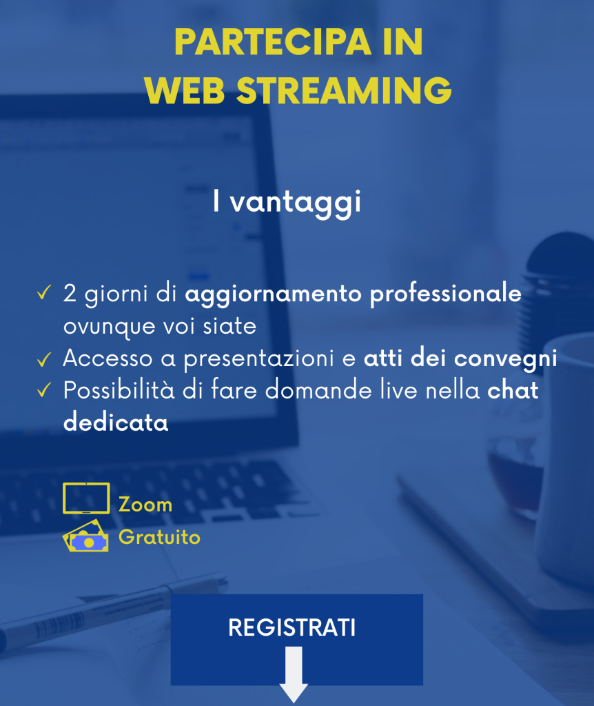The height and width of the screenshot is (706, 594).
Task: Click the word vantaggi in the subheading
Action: point(296,203)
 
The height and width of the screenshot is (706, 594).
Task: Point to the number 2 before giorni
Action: point(70,293)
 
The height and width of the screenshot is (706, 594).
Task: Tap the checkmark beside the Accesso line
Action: point(44,359)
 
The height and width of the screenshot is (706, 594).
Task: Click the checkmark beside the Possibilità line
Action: point(44,390)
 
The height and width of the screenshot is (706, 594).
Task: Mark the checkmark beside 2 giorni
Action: point(44,292)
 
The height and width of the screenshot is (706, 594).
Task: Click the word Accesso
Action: point(107,359)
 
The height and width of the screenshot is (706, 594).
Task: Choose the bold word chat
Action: point(513,390)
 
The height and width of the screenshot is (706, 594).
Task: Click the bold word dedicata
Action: point(116,423)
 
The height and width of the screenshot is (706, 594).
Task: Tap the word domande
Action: point(318,390)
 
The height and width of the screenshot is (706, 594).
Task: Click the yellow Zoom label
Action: point(145,505)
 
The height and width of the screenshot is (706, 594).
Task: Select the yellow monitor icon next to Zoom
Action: point(86,498)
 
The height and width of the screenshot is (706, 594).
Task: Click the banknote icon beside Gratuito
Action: point(86,536)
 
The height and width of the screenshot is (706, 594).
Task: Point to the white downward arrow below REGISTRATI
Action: point(294,674)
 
